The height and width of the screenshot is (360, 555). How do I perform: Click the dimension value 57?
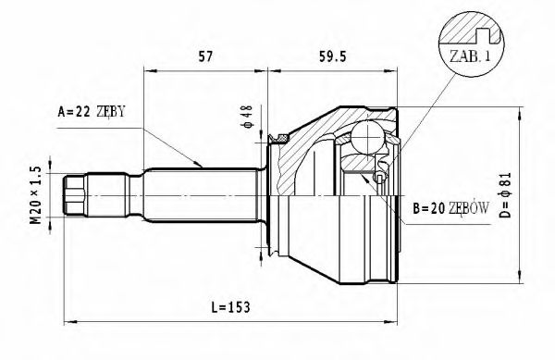pyautogui.click(x=206, y=56)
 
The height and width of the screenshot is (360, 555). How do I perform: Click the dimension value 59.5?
pyautogui.click(x=333, y=56)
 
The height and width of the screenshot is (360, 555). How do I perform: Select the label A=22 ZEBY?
pyautogui.click(x=92, y=112)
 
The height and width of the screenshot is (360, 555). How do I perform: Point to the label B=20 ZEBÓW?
pyautogui.click(x=452, y=210)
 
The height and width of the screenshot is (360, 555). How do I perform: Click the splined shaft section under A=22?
pyautogui.click(x=199, y=195)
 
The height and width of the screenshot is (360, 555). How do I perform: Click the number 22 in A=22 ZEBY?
pyautogui.click(x=83, y=112)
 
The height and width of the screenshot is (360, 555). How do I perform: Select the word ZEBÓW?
pyautogui.click(x=470, y=210)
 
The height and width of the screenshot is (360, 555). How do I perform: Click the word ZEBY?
pyautogui.click(x=109, y=112)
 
